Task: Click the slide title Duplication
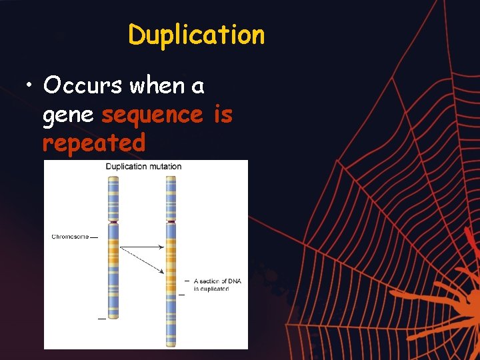pos(197,35)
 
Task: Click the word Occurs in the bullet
pos(83,85)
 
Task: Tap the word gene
pos(67,115)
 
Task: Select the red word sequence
pos(152,115)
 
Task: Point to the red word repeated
pos(93,143)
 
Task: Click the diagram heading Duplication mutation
pos(143,167)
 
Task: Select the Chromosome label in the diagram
pos(70,237)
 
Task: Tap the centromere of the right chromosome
pos(171,221)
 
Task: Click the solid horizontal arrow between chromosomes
pos(141,247)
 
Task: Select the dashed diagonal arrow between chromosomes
pos(141,259)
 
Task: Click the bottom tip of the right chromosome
pos(171,345)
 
